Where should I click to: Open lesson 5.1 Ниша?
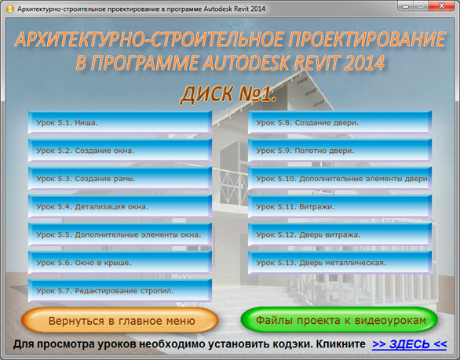119,122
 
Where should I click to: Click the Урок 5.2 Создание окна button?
119,151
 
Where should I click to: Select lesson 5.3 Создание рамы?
119,179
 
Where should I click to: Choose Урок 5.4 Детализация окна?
119,206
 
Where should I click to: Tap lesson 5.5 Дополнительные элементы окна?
119,235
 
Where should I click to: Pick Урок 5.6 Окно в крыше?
119,263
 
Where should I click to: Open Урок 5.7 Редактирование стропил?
119,290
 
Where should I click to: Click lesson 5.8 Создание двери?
340,122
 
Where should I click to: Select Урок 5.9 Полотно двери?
340,151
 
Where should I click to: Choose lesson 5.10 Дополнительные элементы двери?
340,179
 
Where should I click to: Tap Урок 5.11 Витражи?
340,206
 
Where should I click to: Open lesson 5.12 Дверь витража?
340,235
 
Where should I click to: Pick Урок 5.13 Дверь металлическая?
340,263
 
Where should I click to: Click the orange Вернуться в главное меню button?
119,320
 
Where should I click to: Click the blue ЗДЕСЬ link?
410,344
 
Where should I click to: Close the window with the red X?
442,5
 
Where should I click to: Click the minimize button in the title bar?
406,5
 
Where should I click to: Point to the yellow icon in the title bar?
9,9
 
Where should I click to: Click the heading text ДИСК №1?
228,94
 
